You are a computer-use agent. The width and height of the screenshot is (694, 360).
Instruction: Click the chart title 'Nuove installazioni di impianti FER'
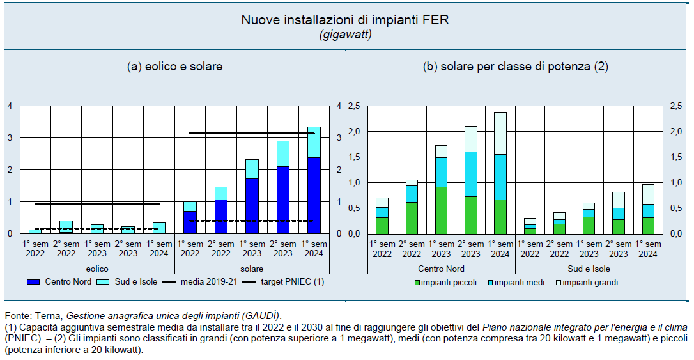(x=345, y=20)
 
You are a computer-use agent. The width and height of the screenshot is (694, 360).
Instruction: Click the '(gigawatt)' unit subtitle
(x=345, y=34)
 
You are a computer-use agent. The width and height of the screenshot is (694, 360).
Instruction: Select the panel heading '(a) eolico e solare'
(x=175, y=66)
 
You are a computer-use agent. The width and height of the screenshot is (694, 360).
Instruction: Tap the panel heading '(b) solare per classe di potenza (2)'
(x=515, y=66)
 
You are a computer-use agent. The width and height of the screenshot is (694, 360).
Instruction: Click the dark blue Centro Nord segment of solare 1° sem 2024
(x=314, y=195)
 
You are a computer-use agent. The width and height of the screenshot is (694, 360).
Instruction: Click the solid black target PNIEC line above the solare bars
(x=252, y=133)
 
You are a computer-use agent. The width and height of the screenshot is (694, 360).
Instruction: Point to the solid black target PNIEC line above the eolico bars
(x=96, y=203)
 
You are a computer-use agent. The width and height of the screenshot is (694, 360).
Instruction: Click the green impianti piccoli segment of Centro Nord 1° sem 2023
(x=440, y=210)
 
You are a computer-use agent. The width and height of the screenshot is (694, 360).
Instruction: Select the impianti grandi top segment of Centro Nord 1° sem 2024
(x=500, y=133)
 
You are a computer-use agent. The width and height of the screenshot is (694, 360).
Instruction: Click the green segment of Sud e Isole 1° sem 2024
(x=648, y=225)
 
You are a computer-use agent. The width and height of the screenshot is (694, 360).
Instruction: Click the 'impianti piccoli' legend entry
(x=451, y=281)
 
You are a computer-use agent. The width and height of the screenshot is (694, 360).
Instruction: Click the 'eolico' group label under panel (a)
(x=97, y=269)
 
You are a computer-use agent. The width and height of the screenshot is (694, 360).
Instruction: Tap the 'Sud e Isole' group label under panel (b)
(x=589, y=269)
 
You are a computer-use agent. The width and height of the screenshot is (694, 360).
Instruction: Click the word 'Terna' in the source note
(x=51, y=316)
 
